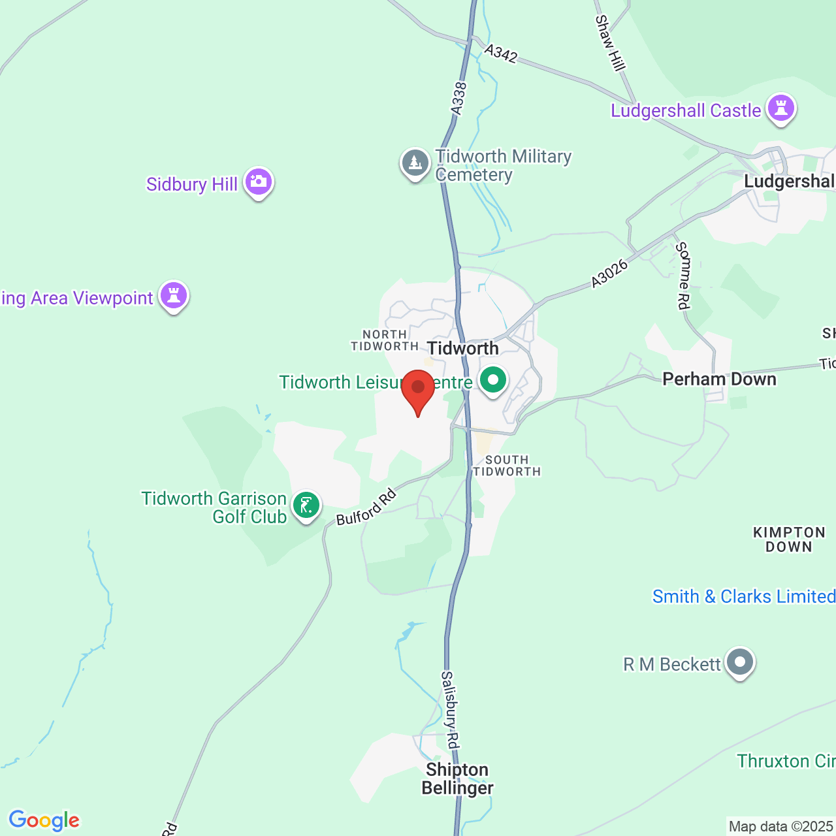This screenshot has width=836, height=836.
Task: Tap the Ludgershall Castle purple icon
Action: (x=780, y=109)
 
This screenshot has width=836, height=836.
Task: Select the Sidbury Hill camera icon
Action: (x=259, y=182)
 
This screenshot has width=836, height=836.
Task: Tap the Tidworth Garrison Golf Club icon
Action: (x=306, y=506)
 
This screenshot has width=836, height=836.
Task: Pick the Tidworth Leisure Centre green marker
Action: (x=493, y=380)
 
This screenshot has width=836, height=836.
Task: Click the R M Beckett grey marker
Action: (x=739, y=662)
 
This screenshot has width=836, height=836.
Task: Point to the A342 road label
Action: (x=501, y=54)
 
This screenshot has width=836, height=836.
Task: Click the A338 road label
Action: (x=458, y=99)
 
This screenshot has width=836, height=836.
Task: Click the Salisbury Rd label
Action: (x=451, y=709)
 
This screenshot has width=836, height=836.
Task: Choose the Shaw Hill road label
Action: (x=610, y=42)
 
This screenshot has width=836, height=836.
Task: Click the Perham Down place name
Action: (x=719, y=379)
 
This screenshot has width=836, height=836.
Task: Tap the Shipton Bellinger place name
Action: (x=457, y=779)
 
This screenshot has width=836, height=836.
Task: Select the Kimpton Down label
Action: (x=789, y=540)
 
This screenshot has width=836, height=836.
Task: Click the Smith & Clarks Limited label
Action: (x=744, y=596)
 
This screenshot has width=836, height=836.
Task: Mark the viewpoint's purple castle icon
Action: (x=173, y=297)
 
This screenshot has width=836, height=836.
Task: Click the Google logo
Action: (x=44, y=820)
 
